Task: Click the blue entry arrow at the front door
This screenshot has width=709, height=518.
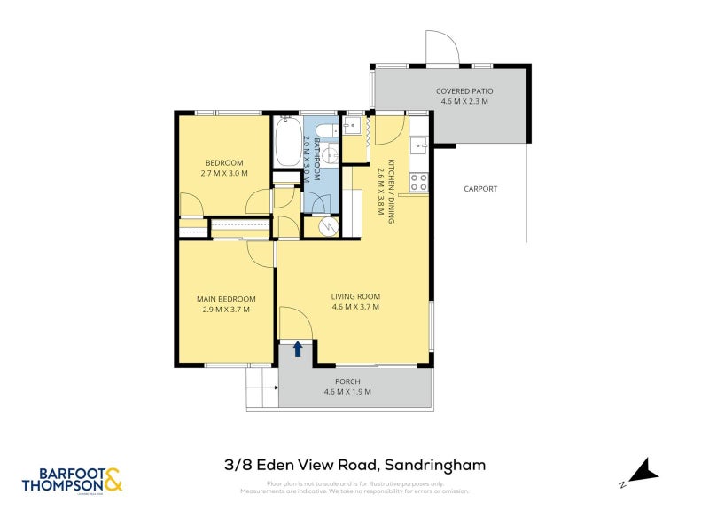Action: pos(299,349)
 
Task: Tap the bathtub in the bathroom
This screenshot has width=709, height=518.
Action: pos(287,143)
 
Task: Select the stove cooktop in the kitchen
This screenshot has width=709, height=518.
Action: pos(418,183)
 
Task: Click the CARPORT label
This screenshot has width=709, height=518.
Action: pos(479,189)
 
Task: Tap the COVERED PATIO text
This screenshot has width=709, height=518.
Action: pos(464,91)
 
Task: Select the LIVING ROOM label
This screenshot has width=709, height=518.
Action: pos(355,296)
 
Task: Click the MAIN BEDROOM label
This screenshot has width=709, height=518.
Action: pos(226,299)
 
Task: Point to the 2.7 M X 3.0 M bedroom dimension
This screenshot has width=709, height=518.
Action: pos(224,174)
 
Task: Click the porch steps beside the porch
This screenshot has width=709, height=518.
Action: pos(262,387)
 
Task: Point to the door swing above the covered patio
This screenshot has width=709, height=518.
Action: pos(441,49)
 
